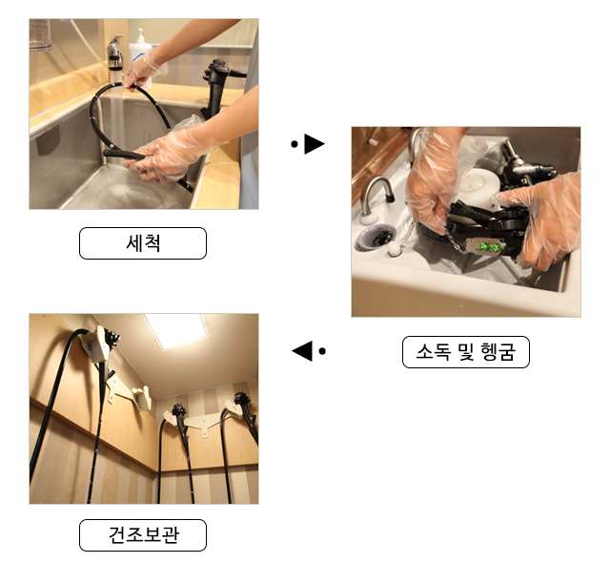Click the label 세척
click(143, 243)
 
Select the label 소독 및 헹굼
click(466, 352)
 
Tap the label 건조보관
click(143, 534)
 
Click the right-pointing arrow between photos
click(308, 144)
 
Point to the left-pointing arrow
click(309, 351)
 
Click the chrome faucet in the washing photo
click(114, 54)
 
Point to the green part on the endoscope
click(491, 246)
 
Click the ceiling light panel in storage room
click(176, 330)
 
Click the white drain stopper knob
click(394, 249)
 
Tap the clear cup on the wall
click(40, 35)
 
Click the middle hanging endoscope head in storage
click(179, 411)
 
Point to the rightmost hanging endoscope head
click(242, 401)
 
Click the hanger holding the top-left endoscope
click(94, 344)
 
